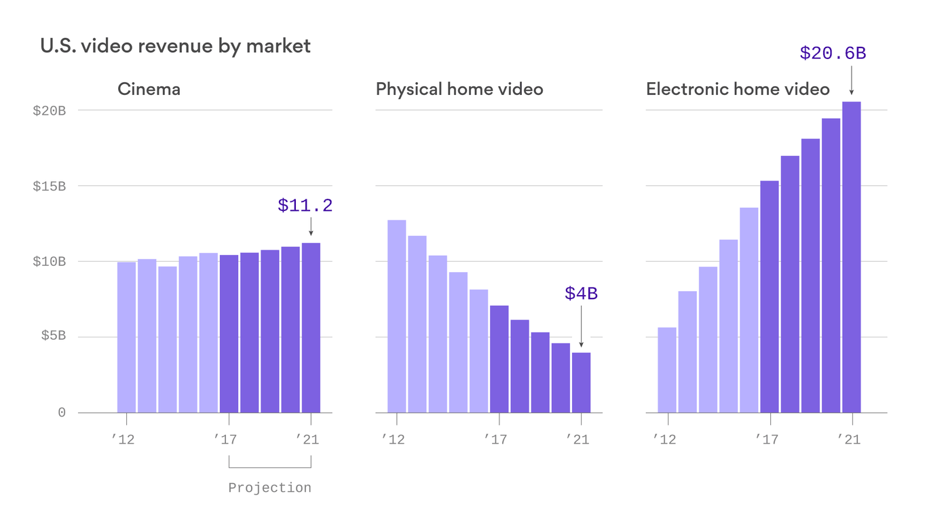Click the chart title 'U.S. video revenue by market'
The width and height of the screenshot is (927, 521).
[175, 46]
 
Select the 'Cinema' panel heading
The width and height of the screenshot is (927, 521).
[149, 89]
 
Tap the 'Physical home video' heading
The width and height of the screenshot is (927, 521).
[459, 89]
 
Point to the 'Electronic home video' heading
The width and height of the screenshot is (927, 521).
[738, 89]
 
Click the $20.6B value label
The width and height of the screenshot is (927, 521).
[833, 54]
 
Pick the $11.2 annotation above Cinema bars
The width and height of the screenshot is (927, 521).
[305, 206]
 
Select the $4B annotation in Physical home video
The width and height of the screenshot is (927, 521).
[581, 294]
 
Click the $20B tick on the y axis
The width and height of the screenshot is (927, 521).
[49, 111]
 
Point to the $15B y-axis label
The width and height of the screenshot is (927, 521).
[49, 186]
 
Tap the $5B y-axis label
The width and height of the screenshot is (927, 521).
[52, 337]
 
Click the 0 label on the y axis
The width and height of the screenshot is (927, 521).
[62, 412]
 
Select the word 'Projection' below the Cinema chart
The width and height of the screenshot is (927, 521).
[269, 488]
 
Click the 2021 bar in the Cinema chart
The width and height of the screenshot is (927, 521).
[311, 328]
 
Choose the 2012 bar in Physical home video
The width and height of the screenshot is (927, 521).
[396, 316]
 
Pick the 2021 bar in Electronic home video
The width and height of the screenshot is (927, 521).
[851, 257]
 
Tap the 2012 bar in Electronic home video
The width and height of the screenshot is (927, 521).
[666, 370]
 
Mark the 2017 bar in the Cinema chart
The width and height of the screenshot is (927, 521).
[229, 334]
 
